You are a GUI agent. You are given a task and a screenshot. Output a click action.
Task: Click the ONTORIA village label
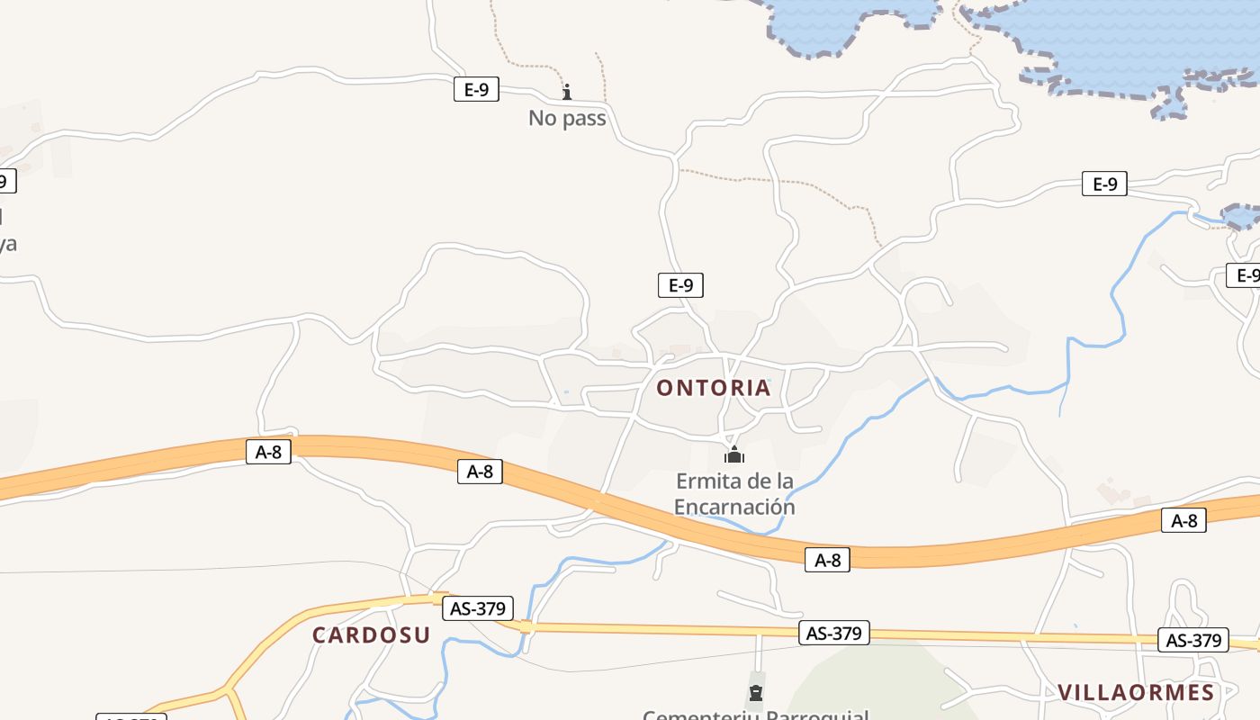(x=713, y=388)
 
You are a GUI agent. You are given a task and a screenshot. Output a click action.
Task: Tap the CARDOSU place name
(x=371, y=634)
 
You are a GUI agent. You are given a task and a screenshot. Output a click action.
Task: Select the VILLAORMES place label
(x=1136, y=692)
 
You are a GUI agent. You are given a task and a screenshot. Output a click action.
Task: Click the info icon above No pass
(x=567, y=92)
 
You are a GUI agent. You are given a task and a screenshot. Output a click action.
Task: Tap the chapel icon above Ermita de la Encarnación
(x=734, y=454)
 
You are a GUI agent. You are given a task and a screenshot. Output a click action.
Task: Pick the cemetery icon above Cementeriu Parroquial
(x=756, y=692)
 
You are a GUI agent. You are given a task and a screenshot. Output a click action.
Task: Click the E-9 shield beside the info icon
(x=476, y=89)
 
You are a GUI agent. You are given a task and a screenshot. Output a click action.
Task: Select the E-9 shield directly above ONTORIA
(x=680, y=285)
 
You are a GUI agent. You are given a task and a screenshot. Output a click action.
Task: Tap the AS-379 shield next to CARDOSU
(x=478, y=608)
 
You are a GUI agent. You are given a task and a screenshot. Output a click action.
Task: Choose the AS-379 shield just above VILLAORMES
(x=1193, y=641)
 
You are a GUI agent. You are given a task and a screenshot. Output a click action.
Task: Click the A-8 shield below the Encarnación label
(x=827, y=560)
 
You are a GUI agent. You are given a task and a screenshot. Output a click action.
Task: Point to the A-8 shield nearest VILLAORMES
(x=1183, y=520)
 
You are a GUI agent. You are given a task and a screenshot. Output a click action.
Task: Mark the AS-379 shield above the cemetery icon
(x=834, y=633)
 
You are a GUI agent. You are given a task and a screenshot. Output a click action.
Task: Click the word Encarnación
(x=734, y=507)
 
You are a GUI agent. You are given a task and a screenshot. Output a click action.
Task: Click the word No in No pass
(x=543, y=118)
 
